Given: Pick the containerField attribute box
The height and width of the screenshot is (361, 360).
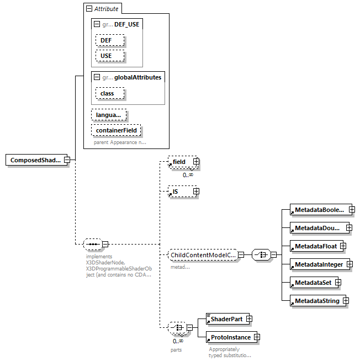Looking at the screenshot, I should pyautogui.click(x=117, y=130).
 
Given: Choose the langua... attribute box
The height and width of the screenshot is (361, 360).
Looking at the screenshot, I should pyautogui.click(x=109, y=115).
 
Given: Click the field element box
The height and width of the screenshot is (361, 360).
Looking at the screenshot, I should pyautogui.click(x=179, y=162).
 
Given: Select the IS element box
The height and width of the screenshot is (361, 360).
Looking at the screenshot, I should pyautogui.click(x=179, y=192).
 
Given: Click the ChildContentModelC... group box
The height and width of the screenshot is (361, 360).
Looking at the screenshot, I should pyautogui.click(x=202, y=254).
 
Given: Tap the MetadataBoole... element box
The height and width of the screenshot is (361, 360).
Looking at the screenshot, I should pyautogui.click(x=319, y=210).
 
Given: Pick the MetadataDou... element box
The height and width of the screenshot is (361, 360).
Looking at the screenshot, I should pyautogui.click(x=317, y=227).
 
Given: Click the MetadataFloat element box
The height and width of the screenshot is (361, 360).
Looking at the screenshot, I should pyautogui.click(x=314, y=246).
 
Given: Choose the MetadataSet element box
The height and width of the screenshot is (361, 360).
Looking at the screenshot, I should pyautogui.click(x=312, y=283).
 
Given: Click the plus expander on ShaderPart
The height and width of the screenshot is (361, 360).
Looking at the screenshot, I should pyautogui.click(x=249, y=318).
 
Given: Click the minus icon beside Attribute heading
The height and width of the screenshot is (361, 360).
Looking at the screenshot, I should pyautogui.click(x=88, y=9).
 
